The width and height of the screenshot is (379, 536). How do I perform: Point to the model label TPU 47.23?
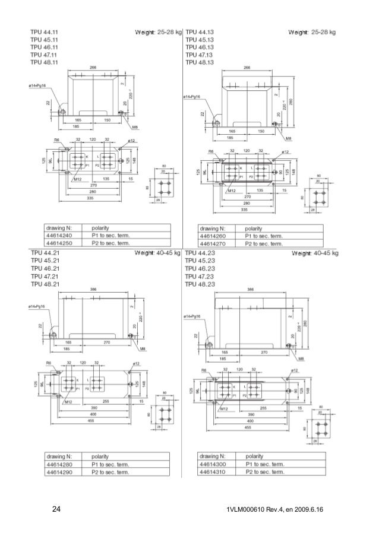click(x=199, y=276)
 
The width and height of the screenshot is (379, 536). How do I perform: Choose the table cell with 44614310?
click(x=215, y=472)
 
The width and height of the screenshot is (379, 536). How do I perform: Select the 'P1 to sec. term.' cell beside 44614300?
click(x=263, y=465)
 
